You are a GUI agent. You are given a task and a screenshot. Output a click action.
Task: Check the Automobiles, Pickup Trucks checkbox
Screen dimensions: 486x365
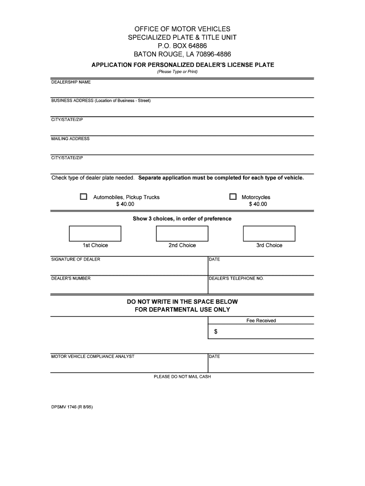(x=83, y=196)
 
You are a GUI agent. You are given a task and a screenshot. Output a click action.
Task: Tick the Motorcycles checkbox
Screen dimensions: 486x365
(x=233, y=196)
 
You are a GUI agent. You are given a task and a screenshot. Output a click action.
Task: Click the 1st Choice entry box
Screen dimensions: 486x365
(x=95, y=234)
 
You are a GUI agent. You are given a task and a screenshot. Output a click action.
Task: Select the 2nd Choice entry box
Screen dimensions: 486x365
(x=182, y=234)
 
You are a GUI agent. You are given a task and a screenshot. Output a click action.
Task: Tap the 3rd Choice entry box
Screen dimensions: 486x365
(x=269, y=234)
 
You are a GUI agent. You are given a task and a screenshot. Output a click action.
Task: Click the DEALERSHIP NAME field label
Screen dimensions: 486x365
(x=71, y=82)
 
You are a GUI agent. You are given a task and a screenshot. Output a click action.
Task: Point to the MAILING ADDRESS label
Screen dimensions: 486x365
(x=70, y=139)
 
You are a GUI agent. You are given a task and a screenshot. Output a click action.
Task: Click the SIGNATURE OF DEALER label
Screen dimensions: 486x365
(x=76, y=259)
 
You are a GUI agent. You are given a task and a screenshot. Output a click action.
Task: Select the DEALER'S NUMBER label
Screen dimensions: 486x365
(x=71, y=278)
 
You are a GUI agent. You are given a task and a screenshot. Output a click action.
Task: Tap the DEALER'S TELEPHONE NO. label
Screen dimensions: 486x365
(x=237, y=278)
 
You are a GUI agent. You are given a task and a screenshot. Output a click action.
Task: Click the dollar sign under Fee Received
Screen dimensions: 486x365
(x=216, y=332)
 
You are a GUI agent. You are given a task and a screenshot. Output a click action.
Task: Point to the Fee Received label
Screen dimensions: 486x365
(x=261, y=320)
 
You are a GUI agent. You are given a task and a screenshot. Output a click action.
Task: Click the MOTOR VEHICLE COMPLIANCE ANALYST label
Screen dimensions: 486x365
(x=93, y=356)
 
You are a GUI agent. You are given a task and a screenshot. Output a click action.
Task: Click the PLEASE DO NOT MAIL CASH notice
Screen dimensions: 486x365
(x=182, y=376)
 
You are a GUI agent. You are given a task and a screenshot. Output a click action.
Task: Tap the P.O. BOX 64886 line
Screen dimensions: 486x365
(x=182, y=46)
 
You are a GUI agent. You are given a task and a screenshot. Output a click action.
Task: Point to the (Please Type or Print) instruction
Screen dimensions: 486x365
(x=177, y=72)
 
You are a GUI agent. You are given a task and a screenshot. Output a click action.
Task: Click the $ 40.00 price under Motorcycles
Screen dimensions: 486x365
(x=258, y=204)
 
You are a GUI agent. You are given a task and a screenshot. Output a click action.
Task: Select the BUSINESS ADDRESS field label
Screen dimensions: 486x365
(x=100, y=101)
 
